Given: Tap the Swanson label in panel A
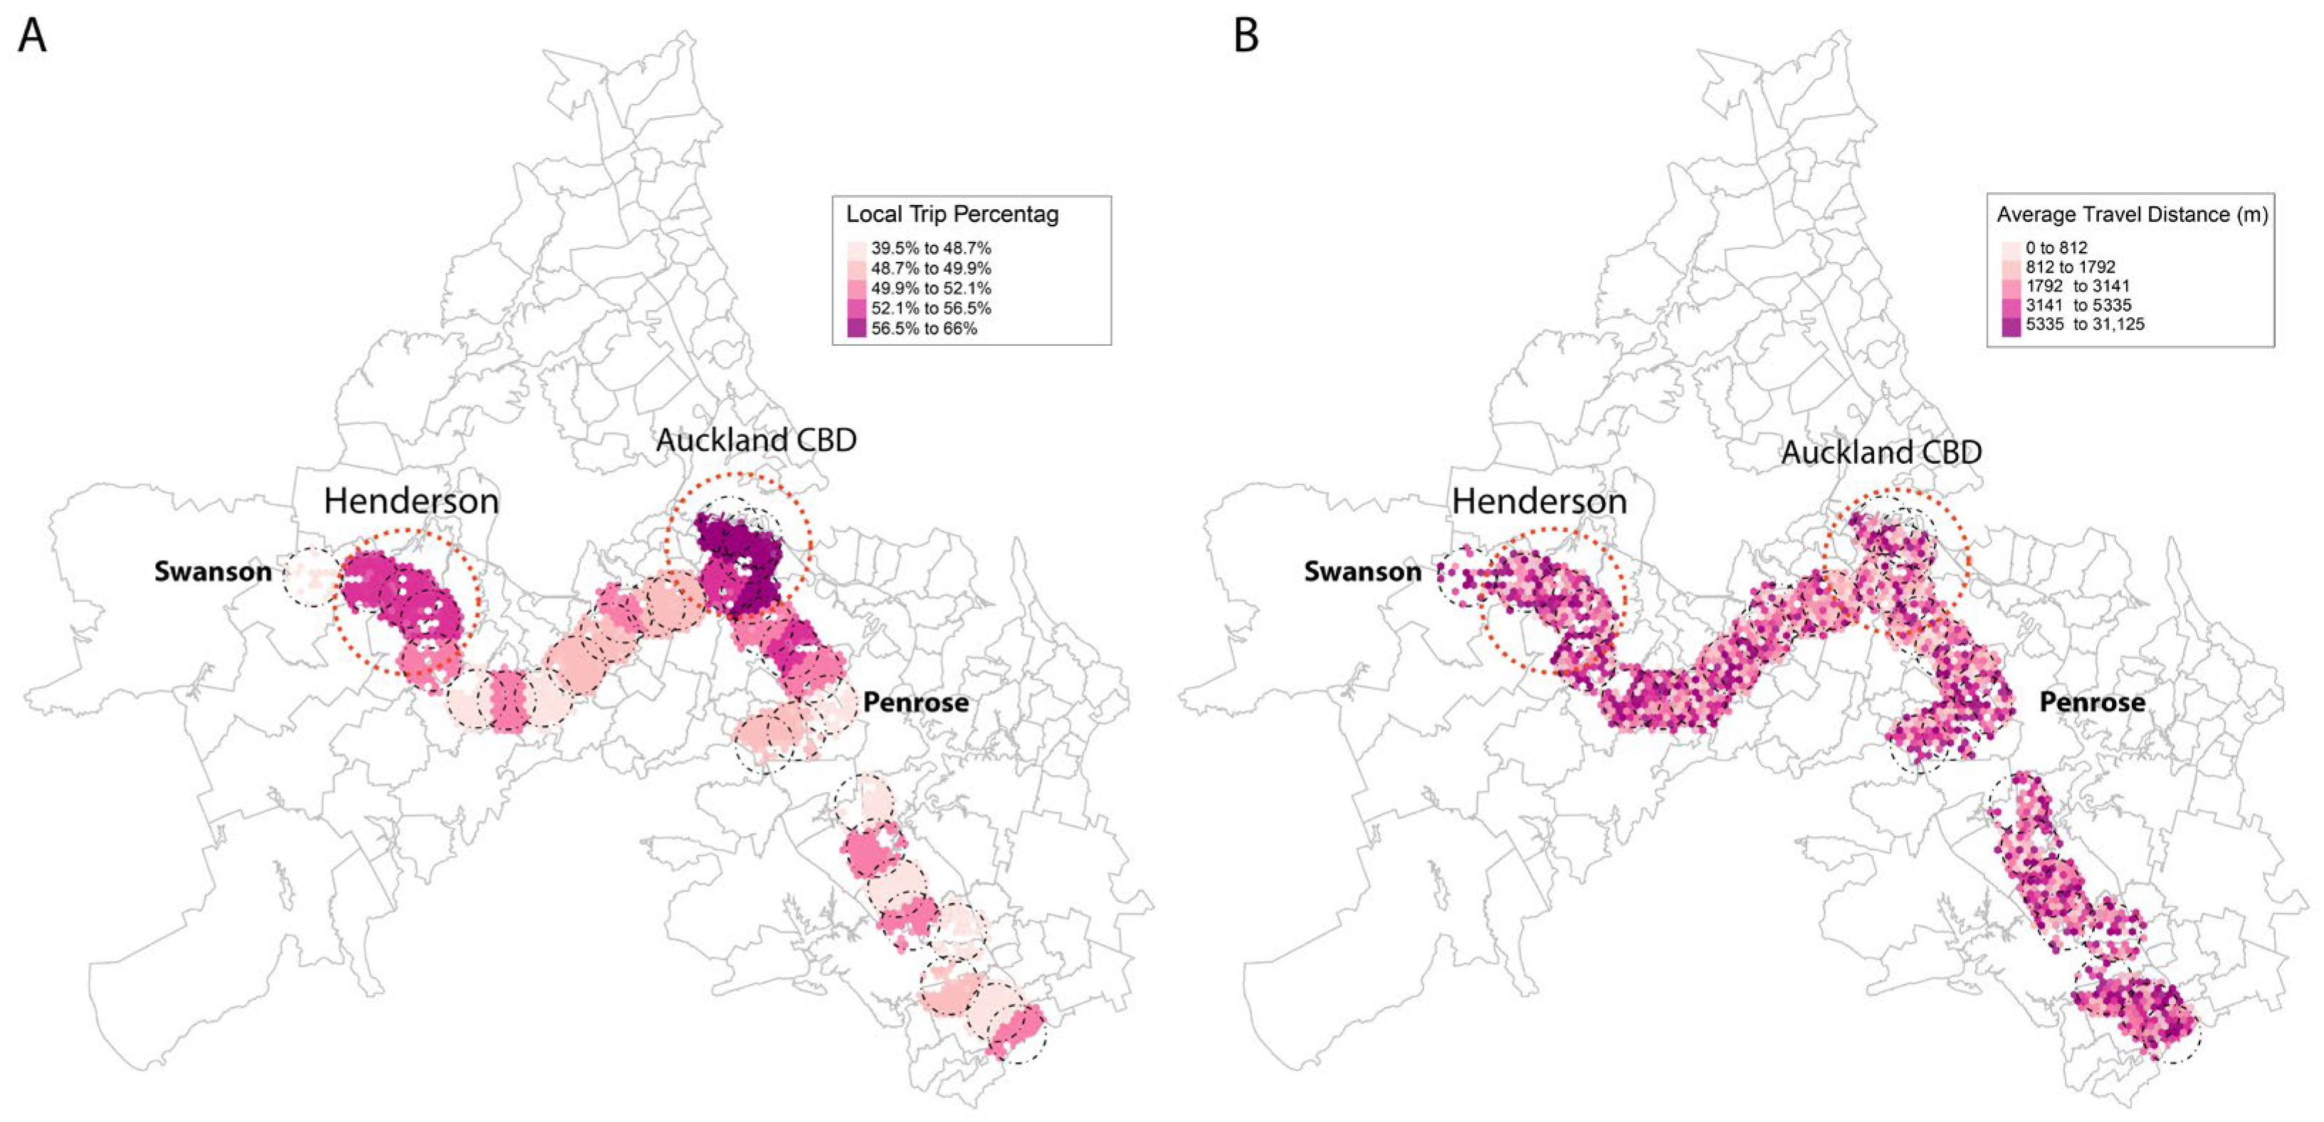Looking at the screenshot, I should click(213, 572).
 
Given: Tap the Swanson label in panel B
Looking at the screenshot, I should click(1362, 572).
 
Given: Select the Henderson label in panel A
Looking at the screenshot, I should click(411, 502).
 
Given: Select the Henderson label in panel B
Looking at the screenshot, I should click(1539, 502).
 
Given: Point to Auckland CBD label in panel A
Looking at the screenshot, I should click(756, 440).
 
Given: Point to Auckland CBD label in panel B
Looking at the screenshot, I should click(1881, 452).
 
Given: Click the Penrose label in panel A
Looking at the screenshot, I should click(915, 703).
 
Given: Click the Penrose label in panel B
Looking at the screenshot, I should click(2092, 703).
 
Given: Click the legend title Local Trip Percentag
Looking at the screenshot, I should click(952, 215).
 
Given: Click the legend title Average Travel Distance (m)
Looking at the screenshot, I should click(2132, 215).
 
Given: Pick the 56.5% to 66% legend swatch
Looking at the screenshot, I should click(856, 328).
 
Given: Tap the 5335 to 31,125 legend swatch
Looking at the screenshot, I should click(2011, 324).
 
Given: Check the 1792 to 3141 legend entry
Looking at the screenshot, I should click(2077, 286).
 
